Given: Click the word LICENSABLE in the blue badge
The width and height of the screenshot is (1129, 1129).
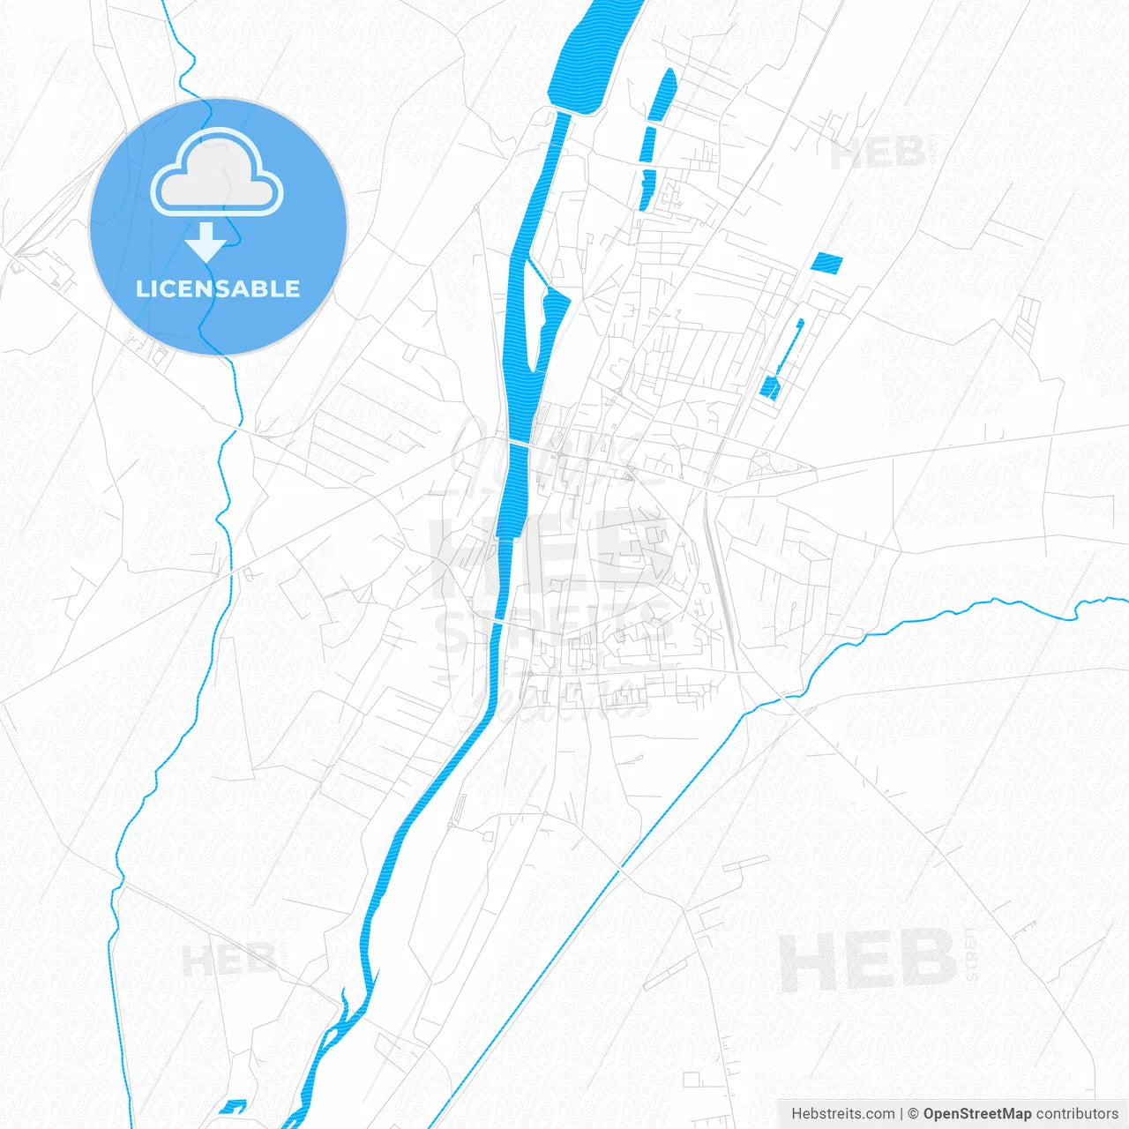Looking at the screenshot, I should click(x=218, y=288).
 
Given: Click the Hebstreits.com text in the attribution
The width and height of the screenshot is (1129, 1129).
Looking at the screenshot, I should click(x=842, y=1114).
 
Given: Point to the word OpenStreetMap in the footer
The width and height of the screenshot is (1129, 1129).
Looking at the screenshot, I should click(x=976, y=1114).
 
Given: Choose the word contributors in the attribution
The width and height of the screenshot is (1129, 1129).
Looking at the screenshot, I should click(x=1077, y=1114).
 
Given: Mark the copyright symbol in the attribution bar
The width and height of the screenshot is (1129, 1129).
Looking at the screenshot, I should click(x=914, y=1114).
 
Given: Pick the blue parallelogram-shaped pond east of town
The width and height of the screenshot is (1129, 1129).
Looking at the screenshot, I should click(x=826, y=262).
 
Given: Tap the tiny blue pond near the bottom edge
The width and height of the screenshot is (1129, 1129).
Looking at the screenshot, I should click(x=234, y=1106).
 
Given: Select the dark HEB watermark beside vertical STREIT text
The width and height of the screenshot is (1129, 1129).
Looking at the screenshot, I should click(x=868, y=961).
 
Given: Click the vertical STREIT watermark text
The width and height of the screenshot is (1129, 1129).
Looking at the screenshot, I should click(x=972, y=953).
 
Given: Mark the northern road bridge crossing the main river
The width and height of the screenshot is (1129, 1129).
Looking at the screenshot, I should click(x=517, y=444).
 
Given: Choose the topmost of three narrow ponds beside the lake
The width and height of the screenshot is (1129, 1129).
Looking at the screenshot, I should click(x=662, y=94).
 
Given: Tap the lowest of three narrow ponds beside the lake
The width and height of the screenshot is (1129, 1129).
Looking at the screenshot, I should click(x=647, y=190).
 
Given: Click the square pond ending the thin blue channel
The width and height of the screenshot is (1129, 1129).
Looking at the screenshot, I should click(x=770, y=387).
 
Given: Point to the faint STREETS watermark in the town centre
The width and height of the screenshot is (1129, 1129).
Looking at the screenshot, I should click(x=551, y=628).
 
